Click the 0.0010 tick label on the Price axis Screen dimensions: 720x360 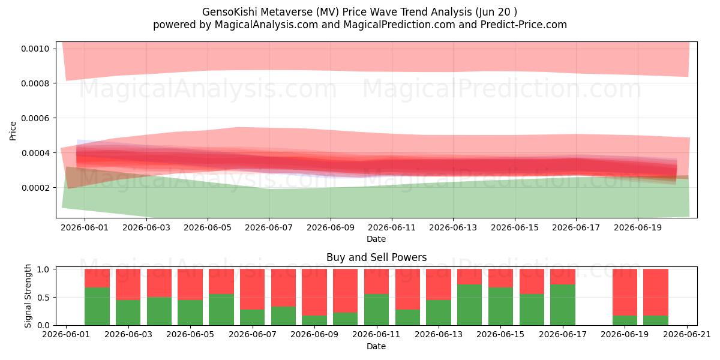(35, 49)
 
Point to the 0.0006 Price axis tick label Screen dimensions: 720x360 (35, 118)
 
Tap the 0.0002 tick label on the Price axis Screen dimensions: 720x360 (35, 188)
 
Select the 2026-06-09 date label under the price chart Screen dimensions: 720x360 (331, 227)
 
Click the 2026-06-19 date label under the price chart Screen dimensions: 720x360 (638, 227)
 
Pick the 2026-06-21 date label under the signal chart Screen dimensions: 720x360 (687, 335)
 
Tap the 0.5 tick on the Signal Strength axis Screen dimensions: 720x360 (43, 298)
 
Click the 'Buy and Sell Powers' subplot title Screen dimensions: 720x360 (376, 257)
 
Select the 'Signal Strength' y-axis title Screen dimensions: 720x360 (28, 296)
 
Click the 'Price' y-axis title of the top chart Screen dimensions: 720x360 (13, 131)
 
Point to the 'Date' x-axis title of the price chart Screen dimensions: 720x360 (376, 239)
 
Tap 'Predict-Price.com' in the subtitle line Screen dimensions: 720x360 (524, 25)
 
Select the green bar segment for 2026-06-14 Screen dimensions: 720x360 (470, 305)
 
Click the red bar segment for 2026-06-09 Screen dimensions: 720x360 (314, 292)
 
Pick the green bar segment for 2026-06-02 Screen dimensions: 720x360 (97, 307)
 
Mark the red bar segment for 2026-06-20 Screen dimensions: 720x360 (656, 292)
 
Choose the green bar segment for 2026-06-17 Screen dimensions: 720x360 (563, 305)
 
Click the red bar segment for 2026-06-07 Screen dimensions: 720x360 (253, 289)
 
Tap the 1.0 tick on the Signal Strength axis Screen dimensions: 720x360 (43, 269)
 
